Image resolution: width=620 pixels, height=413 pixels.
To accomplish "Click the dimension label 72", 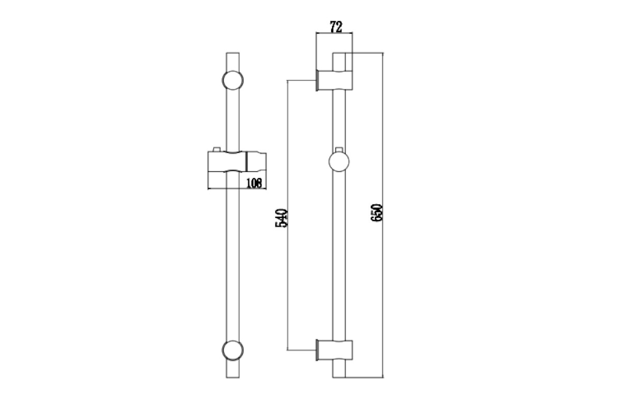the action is (336, 27).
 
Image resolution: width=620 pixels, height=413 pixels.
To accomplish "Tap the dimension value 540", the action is (282, 218).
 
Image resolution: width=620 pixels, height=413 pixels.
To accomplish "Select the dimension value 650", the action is (377, 213).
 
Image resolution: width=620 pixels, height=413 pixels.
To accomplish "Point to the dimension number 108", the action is (254, 183).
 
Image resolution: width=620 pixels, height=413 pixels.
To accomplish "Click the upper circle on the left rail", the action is (233, 80).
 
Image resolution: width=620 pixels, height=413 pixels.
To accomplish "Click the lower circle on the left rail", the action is (233, 350).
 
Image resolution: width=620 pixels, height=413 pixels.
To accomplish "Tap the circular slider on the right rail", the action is (339, 162).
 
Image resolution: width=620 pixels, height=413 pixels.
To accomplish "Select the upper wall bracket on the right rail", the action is (335, 80).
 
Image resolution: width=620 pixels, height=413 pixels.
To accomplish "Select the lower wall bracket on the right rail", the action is (335, 350).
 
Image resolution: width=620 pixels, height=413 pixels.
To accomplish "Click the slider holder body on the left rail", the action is (237, 162).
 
